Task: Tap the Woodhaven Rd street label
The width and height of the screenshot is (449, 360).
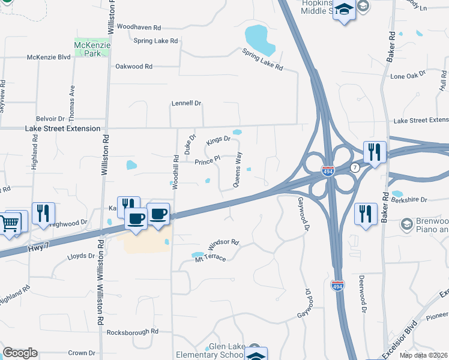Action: pos(139,28)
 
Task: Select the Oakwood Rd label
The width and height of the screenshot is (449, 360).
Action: pos(134,66)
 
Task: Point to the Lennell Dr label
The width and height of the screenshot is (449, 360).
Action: pos(186,103)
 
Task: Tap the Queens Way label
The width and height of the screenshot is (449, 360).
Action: pos(238,170)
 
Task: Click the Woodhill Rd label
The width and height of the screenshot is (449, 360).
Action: pos(176,173)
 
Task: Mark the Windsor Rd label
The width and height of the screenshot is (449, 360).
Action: pos(223,245)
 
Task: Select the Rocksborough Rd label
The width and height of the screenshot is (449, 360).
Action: pos(132,331)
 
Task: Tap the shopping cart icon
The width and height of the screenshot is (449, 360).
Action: pos(11,224)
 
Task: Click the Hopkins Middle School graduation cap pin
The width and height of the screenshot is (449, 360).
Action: pos(344,10)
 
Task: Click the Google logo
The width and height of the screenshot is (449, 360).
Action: pos(20,353)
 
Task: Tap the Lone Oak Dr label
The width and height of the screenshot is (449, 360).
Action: pos(408,77)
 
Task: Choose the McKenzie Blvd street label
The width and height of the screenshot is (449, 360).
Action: pos(49,58)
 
